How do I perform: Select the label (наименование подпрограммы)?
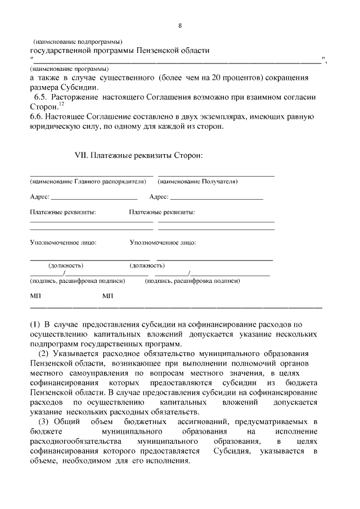(x=78, y=42)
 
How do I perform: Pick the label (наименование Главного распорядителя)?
(x=88, y=182)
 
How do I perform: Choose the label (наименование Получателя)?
(x=197, y=182)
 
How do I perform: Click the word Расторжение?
(x=75, y=97)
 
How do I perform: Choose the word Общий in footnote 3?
(x=69, y=421)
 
